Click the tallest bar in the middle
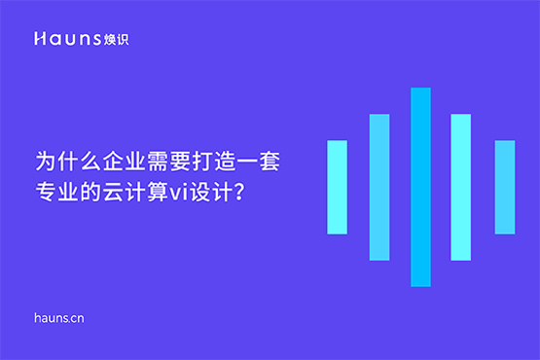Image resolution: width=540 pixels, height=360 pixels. [x=420, y=187]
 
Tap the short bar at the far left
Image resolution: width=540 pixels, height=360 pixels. [x=337, y=187]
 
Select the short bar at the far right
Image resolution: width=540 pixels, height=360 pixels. [x=504, y=187]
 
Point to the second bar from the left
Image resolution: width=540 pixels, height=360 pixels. [x=379, y=187]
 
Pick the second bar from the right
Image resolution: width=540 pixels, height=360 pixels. [x=461, y=187]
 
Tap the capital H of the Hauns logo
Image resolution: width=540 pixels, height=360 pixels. [x=38, y=39]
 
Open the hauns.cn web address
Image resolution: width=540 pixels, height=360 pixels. [x=60, y=317]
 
